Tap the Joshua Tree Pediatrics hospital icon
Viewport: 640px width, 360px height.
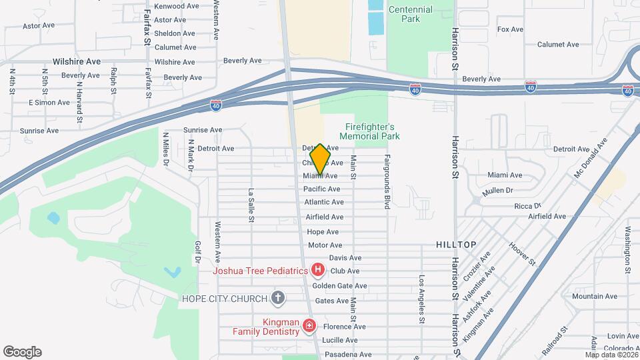(318, 270)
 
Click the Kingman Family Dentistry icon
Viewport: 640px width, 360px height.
(309, 325)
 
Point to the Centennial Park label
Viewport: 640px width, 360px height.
(411, 14)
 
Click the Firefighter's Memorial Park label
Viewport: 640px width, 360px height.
(373, 131)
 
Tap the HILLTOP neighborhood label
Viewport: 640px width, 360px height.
(457, 245)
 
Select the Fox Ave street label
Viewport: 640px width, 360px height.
(511, 29)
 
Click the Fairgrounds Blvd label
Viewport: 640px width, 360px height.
(386, 182)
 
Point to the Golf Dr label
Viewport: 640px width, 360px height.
(197, 251)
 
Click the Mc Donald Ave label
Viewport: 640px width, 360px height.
(591, 158)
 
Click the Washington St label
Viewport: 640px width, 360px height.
(628, 250)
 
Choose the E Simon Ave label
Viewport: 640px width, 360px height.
(49, 103)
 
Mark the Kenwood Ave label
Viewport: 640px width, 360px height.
(177, 6)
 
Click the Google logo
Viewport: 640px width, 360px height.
(22, 352)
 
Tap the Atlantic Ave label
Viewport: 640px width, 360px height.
(324, 202)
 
